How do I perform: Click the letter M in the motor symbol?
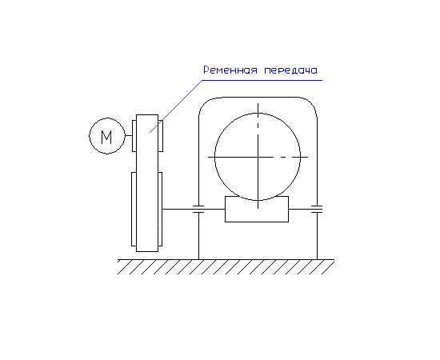(106, 138)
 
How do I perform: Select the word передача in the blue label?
(290, 70)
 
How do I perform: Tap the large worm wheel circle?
(214, 157)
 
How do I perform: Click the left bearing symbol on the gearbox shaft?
(198, 209)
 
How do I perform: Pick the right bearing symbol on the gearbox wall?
(317, 209)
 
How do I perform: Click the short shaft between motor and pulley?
(129, 135)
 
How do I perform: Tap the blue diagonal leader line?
(176, 106)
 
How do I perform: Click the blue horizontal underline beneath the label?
(262, 80)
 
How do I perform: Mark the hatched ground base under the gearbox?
(226, 267)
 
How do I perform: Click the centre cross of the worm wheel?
(258, 157)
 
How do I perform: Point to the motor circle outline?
(90, 136)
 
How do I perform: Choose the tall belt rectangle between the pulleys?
(147, 183)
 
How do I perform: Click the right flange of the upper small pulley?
(161, 136)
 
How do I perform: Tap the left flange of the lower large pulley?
(134, 210)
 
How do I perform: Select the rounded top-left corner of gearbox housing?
(204, 103)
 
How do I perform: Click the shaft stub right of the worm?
(300, 209)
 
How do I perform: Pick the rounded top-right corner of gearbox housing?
(312, 103)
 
